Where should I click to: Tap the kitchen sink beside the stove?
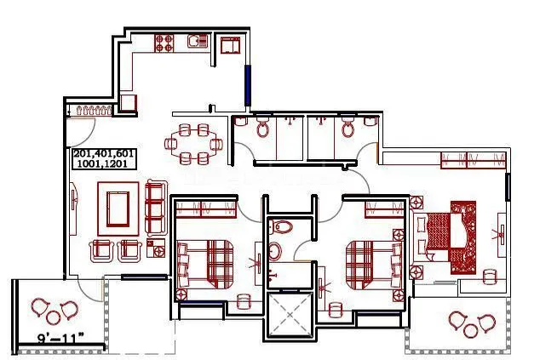197,41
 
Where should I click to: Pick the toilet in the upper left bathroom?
263,129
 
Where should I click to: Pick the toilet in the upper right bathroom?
348,129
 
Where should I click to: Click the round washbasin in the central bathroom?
274,252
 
